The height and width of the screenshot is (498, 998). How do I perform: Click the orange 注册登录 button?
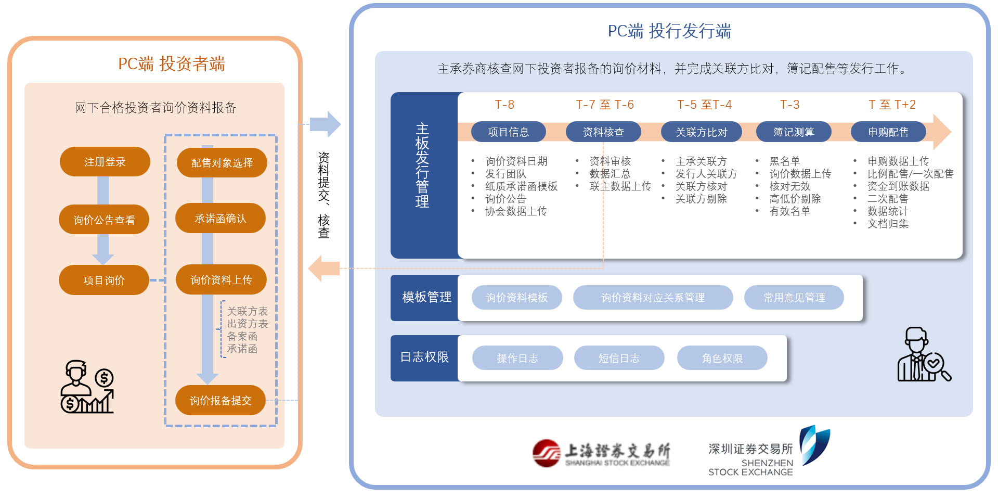click(x=105, y=162)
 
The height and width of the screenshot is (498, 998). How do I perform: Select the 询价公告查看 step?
click(x=104, y=220)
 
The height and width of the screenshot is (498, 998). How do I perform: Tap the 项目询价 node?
click(x=104, y=280)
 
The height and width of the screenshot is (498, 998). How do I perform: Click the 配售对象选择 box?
click(x=222, y=163)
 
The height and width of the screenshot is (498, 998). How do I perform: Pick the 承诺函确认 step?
click(x=221, y=219)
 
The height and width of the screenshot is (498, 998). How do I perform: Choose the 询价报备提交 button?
click(x=221, y=400)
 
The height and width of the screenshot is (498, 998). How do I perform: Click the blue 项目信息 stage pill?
click(x=508, y=132)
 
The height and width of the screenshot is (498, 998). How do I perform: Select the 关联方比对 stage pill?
click(x=701, y=132)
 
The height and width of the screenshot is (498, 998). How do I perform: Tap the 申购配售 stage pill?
click(x=888, y=132)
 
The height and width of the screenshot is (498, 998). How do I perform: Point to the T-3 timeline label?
click(x=789, y=105)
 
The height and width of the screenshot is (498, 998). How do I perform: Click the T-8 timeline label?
click(x=504, y=105)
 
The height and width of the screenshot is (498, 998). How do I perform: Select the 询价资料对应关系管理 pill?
click(x=653, y=297)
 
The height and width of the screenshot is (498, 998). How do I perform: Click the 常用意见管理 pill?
click(x=794, y=297)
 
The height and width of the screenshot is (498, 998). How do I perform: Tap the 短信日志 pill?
click(x=619, y=358)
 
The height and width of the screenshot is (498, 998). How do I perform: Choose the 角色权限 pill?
click(x=722, y=358)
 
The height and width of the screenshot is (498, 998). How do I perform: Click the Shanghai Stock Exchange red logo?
click(x=546, y=453)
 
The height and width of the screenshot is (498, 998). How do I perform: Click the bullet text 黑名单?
click(x=784, y=161)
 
